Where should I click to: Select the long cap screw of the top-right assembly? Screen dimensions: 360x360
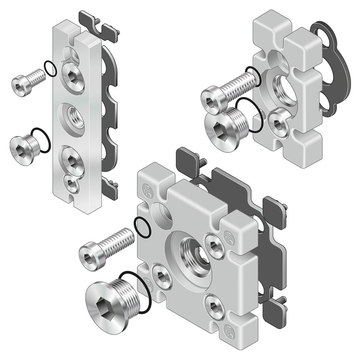(x=228, y=89)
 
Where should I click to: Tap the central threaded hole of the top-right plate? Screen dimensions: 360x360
(x=286, y=92)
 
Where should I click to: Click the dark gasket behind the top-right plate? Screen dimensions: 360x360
(x=336, y=67)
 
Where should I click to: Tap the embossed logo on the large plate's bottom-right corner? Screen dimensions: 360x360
(x=227, y=330)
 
